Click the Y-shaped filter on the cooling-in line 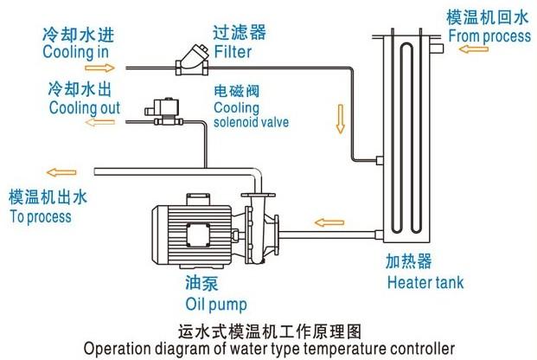coord(192,61)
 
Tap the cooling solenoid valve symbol coord(163,111)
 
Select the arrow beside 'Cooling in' coord(99,67)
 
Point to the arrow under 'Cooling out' coord(100,122)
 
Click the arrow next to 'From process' coord(473,49)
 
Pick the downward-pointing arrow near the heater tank coord(340,119)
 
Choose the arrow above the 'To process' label coord(61,172)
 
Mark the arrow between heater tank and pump coord(329,222)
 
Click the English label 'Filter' coord(233,52)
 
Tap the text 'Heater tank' coord(425,282)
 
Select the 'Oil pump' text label coord(216,305)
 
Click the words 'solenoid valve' coord(251,122)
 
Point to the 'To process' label coord(41,216)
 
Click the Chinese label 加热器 coord(408,262)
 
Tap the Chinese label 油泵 coord(202,284)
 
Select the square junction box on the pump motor coord(198,235)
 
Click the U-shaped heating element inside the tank coord(406,138)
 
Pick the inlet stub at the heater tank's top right coord(437,48)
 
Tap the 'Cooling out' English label coord(84,107)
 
